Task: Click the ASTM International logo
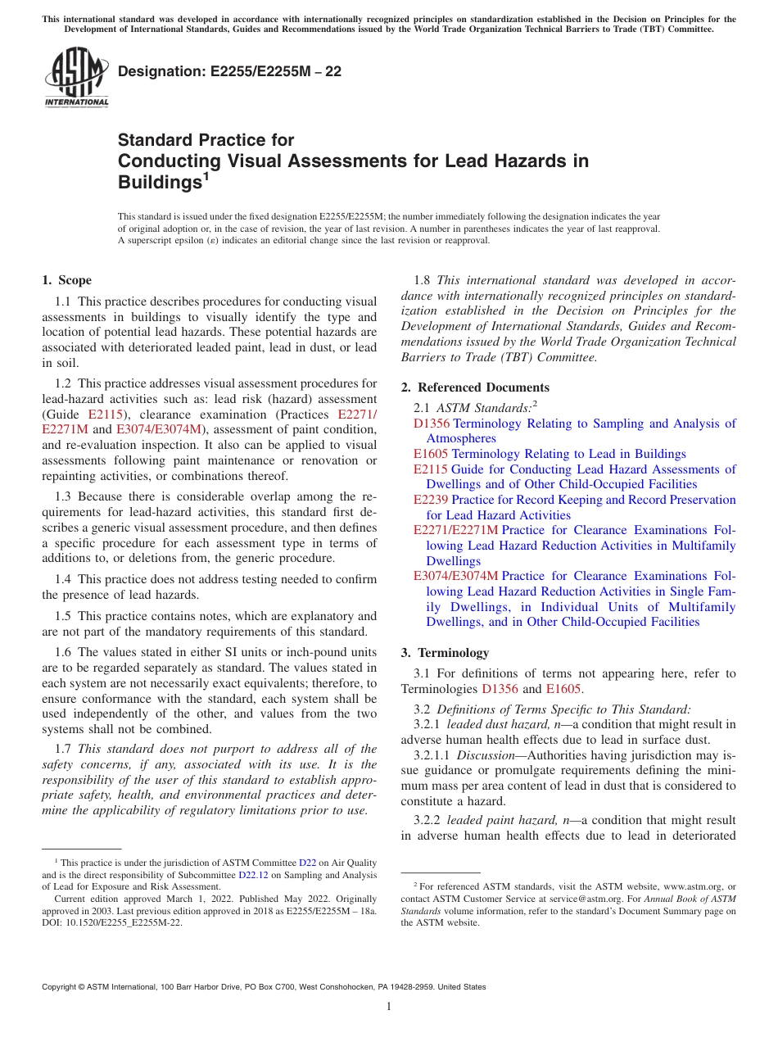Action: [75, 77]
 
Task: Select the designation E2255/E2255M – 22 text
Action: [230, 72]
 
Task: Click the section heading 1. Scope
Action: [67, 280]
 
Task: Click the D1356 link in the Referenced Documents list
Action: [432, 424]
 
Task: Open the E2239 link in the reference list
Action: [431, 500]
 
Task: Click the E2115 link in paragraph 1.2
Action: [106, 415]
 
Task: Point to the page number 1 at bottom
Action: [389, 1006]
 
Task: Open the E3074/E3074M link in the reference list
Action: [455, 576]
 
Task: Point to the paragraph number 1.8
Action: [423, 280]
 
